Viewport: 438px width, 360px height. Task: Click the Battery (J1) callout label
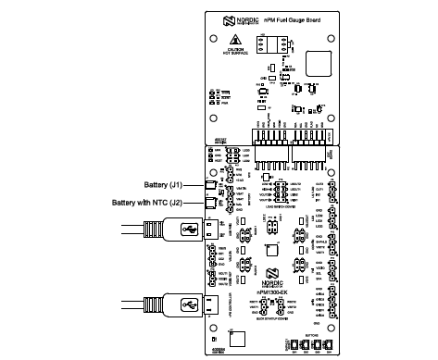[171, 183]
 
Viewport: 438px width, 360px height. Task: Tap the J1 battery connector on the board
[210, 184]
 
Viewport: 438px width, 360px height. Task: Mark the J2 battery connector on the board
[210, 202]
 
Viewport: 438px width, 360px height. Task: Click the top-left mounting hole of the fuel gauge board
[214, 40]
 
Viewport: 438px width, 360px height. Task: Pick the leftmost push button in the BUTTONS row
[294, 345]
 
